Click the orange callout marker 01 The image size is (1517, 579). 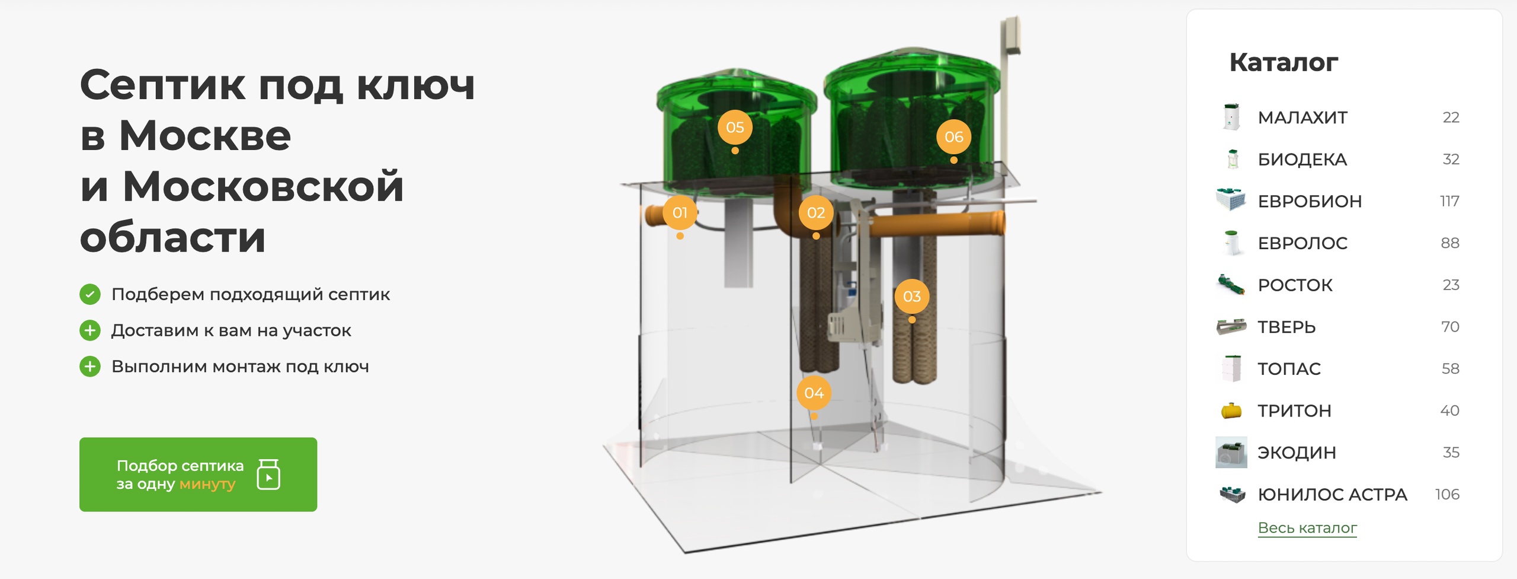(x=680, y=212)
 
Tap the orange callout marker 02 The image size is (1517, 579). (x=816, y=212)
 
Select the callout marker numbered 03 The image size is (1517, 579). (x=912, y=296)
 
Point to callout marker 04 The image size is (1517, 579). (x=814, y=393)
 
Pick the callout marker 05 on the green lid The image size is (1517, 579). (x=735, y=127)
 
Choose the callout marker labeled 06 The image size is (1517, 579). (x=953, y=136)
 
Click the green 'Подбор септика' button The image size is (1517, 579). (x=198, y=474)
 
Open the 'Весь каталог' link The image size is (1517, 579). (x=1307, y=527)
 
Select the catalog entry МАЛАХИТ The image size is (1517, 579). (x=1302, y=117)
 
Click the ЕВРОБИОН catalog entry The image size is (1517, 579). (x=1310, y=201)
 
